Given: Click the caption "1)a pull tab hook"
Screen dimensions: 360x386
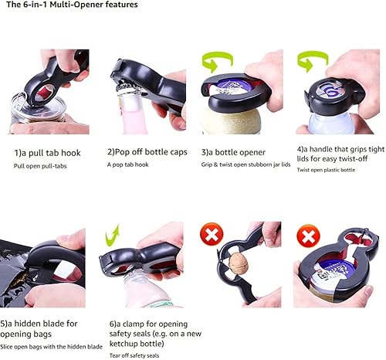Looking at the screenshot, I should tap(47, 153).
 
